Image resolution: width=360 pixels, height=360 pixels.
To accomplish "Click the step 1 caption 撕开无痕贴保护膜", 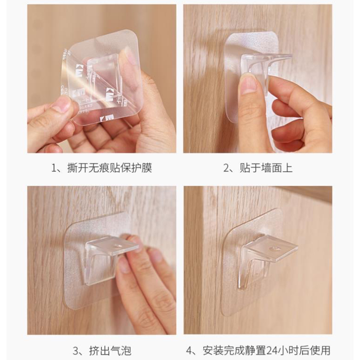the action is (109, 168).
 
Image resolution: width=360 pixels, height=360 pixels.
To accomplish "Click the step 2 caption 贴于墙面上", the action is (266, 168).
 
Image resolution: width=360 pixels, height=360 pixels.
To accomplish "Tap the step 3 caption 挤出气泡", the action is (110, 351).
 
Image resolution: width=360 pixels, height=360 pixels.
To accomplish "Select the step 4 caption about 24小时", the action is (266, 351).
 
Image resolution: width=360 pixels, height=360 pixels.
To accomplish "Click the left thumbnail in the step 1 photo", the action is (62, 103).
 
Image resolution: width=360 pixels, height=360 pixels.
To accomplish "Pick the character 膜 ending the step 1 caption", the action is (147, 168).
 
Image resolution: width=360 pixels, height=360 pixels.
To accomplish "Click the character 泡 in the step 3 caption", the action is (126, 351).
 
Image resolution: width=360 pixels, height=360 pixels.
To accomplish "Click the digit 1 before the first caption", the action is (54, 168).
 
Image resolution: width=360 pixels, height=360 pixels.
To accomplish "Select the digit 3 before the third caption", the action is (76, 351).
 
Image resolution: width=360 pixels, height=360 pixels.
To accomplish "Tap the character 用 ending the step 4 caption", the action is (325, 351).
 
